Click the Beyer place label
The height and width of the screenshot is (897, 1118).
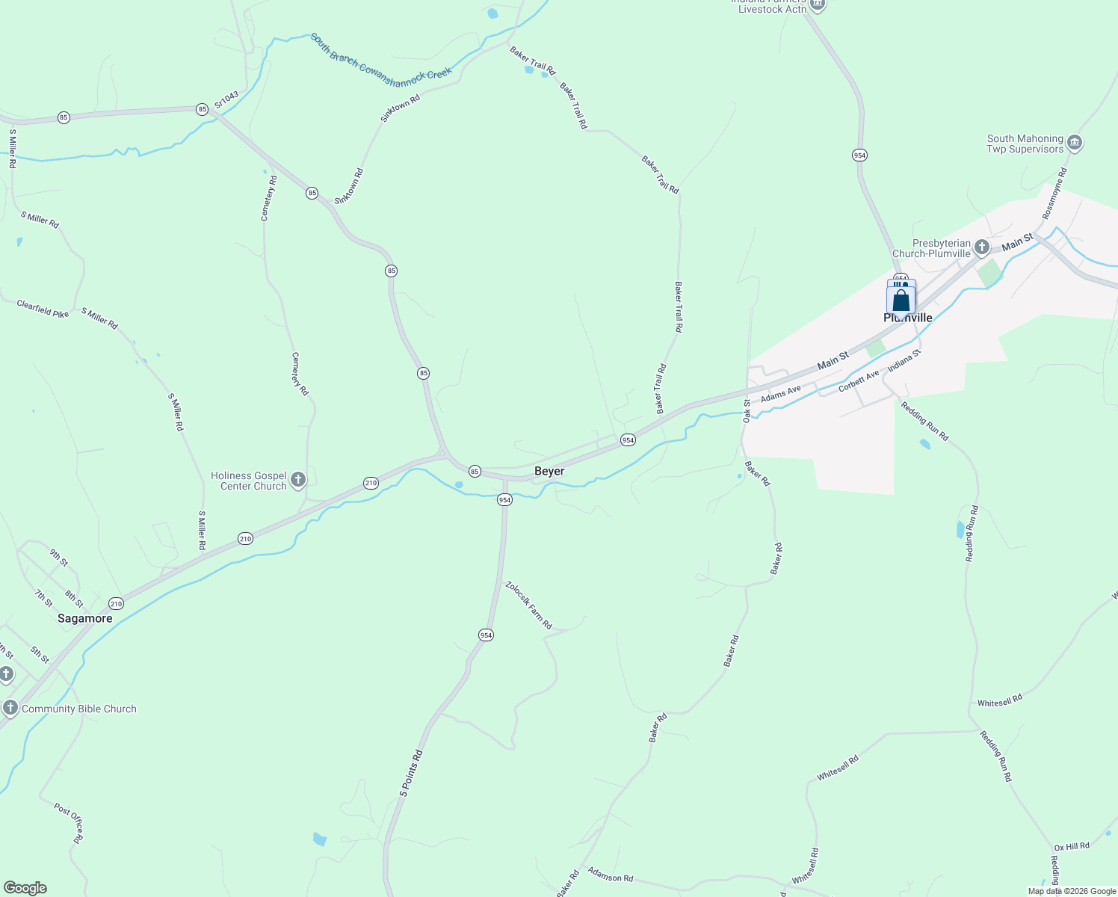[549, 471]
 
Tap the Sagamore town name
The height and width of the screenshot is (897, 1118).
[85, 618]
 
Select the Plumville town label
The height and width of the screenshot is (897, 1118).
[908, 318]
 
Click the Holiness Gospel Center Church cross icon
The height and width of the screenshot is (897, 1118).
[297, 480]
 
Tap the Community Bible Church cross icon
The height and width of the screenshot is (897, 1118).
[10, 708]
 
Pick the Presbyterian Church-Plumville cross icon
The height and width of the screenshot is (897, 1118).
[982, 247]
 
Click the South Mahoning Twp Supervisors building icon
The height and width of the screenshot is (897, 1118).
[1075, 143]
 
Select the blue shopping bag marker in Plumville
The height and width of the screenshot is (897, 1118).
[901, 300]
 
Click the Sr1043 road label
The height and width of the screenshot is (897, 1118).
[226, 101]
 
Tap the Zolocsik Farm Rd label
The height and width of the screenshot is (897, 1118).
[528, 605]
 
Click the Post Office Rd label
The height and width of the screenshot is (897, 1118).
[68, 823]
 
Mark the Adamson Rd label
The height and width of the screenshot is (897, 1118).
[610, 874]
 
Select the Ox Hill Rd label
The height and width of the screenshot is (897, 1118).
[1072, 846]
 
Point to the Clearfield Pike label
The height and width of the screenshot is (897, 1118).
[43, 309]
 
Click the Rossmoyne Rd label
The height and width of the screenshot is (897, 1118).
[1055, 188]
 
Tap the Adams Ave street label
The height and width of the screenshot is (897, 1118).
[780, 393]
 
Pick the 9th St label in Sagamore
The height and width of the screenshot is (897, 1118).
[59, 557]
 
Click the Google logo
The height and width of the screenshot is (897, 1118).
[25, 888]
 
